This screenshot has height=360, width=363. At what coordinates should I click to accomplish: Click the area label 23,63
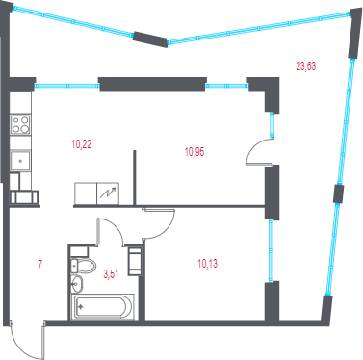306,66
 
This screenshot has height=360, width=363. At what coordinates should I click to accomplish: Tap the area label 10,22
82,144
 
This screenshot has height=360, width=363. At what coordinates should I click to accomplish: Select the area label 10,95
194,152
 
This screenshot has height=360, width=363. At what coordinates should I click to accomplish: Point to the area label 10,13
207,264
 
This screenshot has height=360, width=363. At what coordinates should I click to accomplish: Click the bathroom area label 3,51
111,274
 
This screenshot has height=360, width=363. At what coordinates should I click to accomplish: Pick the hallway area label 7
40,265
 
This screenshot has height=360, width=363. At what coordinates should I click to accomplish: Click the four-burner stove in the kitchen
20,124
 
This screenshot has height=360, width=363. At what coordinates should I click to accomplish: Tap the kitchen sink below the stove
20,161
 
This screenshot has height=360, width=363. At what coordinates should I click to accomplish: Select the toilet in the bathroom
84,266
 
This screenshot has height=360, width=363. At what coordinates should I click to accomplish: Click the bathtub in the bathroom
103,307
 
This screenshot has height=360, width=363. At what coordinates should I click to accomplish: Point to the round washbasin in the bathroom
77,284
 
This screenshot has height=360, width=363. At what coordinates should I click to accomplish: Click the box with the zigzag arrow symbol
108,193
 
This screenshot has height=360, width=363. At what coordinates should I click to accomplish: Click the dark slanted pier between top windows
150,39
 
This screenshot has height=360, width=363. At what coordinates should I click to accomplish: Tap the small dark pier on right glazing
338,194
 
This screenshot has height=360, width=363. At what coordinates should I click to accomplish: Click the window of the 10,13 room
272,250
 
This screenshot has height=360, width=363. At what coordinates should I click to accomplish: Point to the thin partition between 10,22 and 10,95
135,177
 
